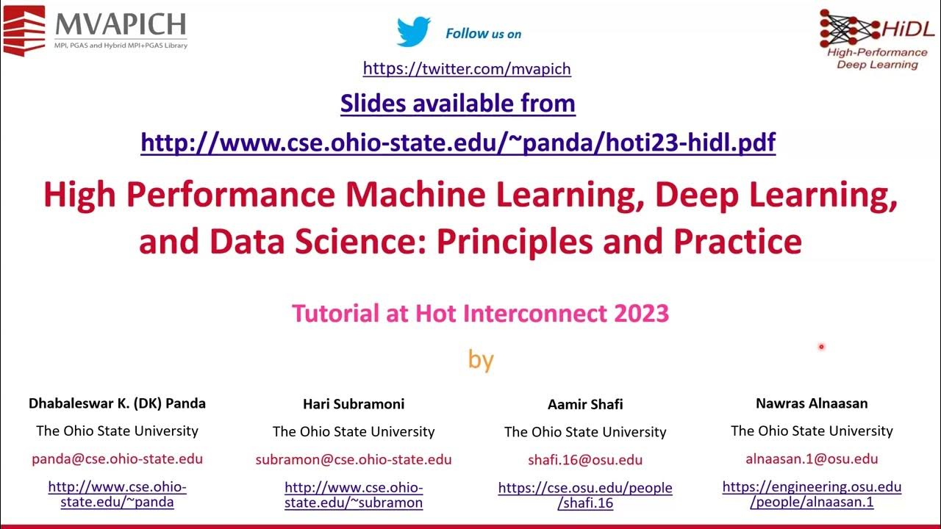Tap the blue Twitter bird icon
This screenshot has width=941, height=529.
[413, 32]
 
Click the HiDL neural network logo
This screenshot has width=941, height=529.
[877, 38]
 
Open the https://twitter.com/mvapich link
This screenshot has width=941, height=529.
[467, 69]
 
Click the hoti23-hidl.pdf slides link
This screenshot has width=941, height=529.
[457, 142]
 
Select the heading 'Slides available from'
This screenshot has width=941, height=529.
[457, 104]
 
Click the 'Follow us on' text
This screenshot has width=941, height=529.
[483, 34]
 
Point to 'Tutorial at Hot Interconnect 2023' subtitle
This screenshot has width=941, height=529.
[480, 314]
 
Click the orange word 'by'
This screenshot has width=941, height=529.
[481, 359]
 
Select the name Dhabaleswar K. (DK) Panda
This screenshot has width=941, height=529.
[117, 403]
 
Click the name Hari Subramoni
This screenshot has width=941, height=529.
[354, 404]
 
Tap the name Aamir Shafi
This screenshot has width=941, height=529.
[585, 405]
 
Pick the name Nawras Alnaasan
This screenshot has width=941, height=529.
[812, 403]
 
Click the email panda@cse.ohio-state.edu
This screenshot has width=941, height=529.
[117, 459]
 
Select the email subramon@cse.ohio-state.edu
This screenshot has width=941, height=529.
[354, 460]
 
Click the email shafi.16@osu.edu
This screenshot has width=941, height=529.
[585, 461]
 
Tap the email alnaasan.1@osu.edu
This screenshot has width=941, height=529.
[812, 459]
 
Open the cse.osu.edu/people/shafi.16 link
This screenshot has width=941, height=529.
[585, 495]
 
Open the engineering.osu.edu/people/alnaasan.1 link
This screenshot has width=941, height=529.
[812, 494]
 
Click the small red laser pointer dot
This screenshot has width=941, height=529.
[821, 347]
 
